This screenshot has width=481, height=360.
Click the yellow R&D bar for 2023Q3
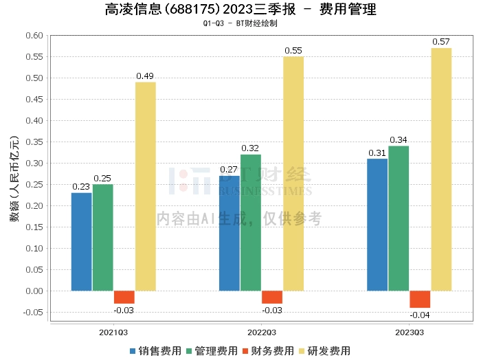(441, 169)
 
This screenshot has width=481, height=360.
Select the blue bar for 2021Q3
(81, 242)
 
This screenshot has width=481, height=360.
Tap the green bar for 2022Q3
(251, 223)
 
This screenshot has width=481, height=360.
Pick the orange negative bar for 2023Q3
(420, 300)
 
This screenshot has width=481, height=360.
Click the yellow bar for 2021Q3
(146, 186)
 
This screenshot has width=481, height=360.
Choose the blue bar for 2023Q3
(377, 225)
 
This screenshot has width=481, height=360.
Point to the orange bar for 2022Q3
(272, 297)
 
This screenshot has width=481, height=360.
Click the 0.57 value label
(441, 42)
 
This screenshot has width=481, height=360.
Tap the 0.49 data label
(145, 76)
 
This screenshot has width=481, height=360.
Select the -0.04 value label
(420, 315)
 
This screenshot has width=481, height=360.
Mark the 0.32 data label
(250, 148)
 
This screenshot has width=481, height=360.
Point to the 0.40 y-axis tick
(34, 120)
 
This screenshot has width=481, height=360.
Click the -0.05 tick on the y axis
(33, 312)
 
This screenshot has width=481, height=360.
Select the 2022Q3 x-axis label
(262, 333)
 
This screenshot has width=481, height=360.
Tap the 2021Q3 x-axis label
(113, 333)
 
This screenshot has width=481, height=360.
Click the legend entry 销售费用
(155, 351)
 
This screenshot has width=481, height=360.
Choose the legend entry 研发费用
(324, 351)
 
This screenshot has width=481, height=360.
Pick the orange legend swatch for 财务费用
(245, 351)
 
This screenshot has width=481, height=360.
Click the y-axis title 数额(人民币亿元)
(14, 179)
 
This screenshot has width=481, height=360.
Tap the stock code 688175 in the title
(192, 9)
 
